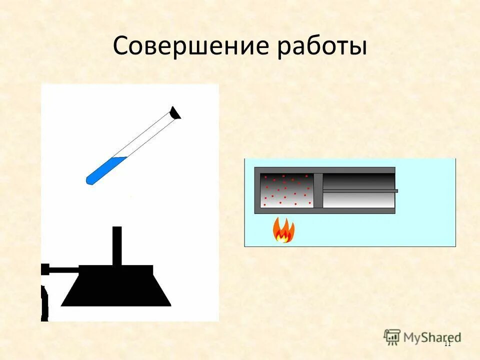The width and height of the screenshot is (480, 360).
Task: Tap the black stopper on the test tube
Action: [x=175, y=113]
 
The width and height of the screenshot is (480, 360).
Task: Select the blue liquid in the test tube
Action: [x=104, y=169]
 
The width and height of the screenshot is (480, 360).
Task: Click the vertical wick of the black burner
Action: [x=117, y=245]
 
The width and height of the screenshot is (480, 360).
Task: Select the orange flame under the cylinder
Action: [x=283, y=230]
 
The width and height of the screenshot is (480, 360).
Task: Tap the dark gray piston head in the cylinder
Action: [x=318, y=190]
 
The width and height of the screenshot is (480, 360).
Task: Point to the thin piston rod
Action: [x=357, y=191]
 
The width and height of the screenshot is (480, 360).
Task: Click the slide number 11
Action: [x=447, y=343]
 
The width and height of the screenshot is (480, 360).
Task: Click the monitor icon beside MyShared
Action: [x=392, y=337]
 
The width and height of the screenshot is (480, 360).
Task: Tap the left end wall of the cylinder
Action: [x=257, y=190]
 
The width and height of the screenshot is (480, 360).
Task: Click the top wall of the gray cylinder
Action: [x=325, y=170]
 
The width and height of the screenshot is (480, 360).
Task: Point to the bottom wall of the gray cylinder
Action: [x=325, y=211]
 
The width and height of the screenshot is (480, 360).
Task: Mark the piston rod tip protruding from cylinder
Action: [x=396, y=191]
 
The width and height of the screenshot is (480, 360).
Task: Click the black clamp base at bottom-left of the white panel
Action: [x=44, y=302]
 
